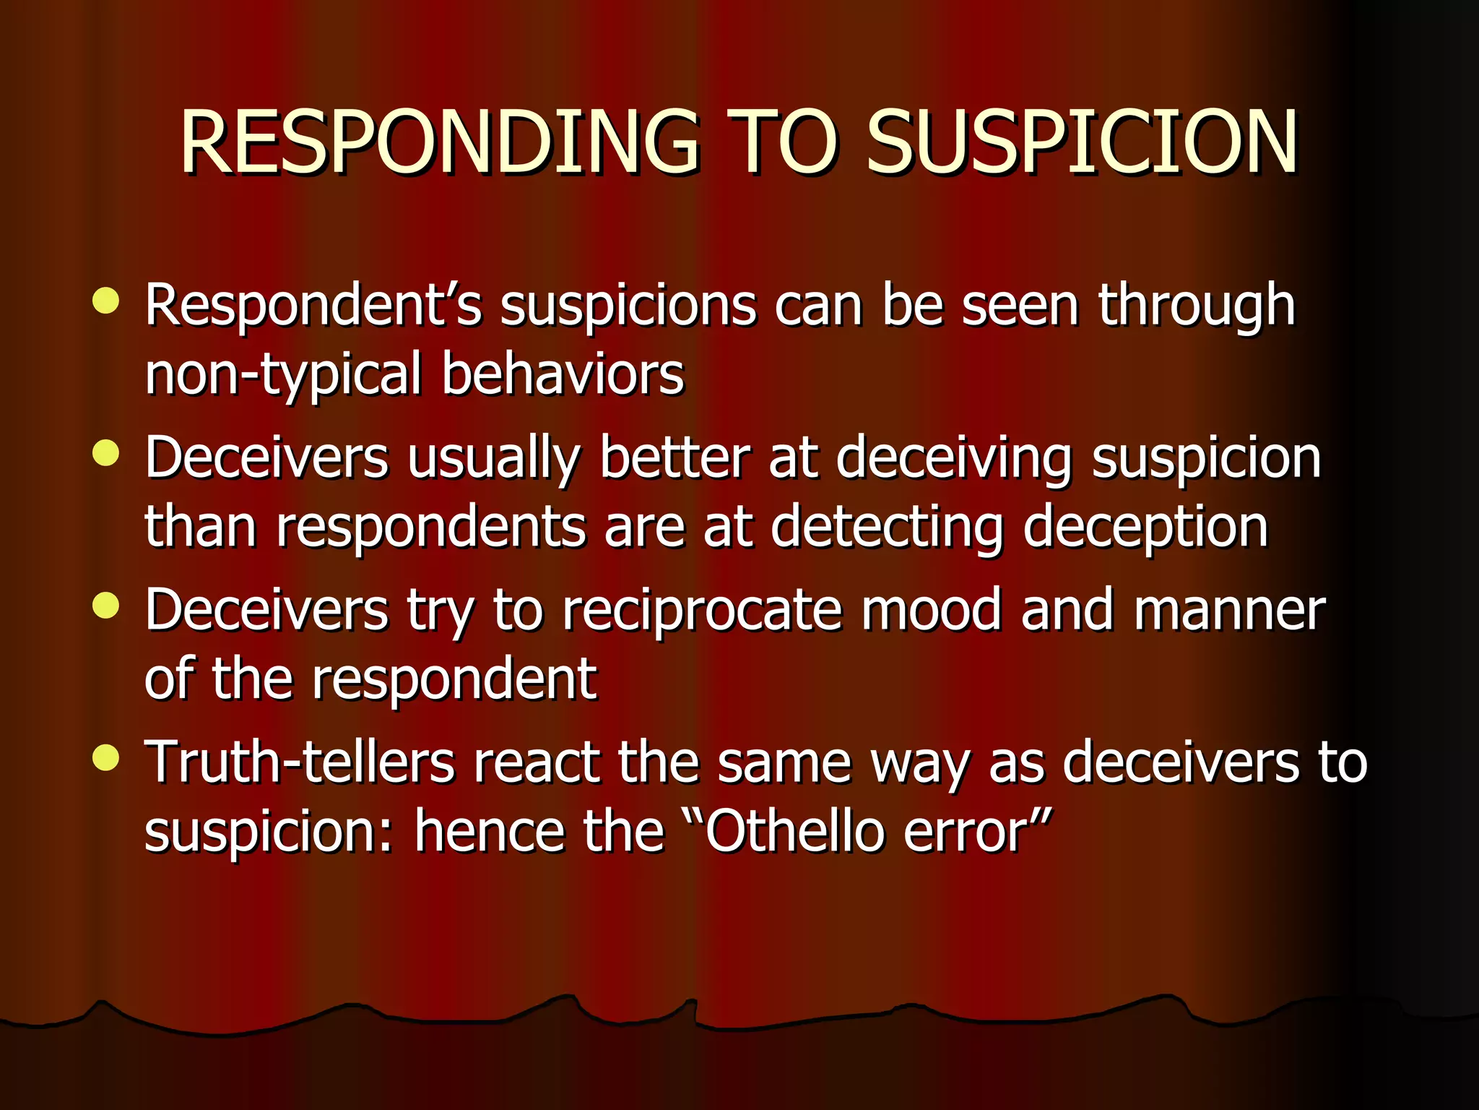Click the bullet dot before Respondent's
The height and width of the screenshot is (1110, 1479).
106,301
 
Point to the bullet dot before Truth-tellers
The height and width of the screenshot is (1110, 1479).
106,757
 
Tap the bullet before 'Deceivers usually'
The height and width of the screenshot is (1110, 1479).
106,453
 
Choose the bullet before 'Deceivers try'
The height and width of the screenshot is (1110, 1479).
106,606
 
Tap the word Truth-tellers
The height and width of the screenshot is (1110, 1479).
300,762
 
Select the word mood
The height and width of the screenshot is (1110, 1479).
932,611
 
